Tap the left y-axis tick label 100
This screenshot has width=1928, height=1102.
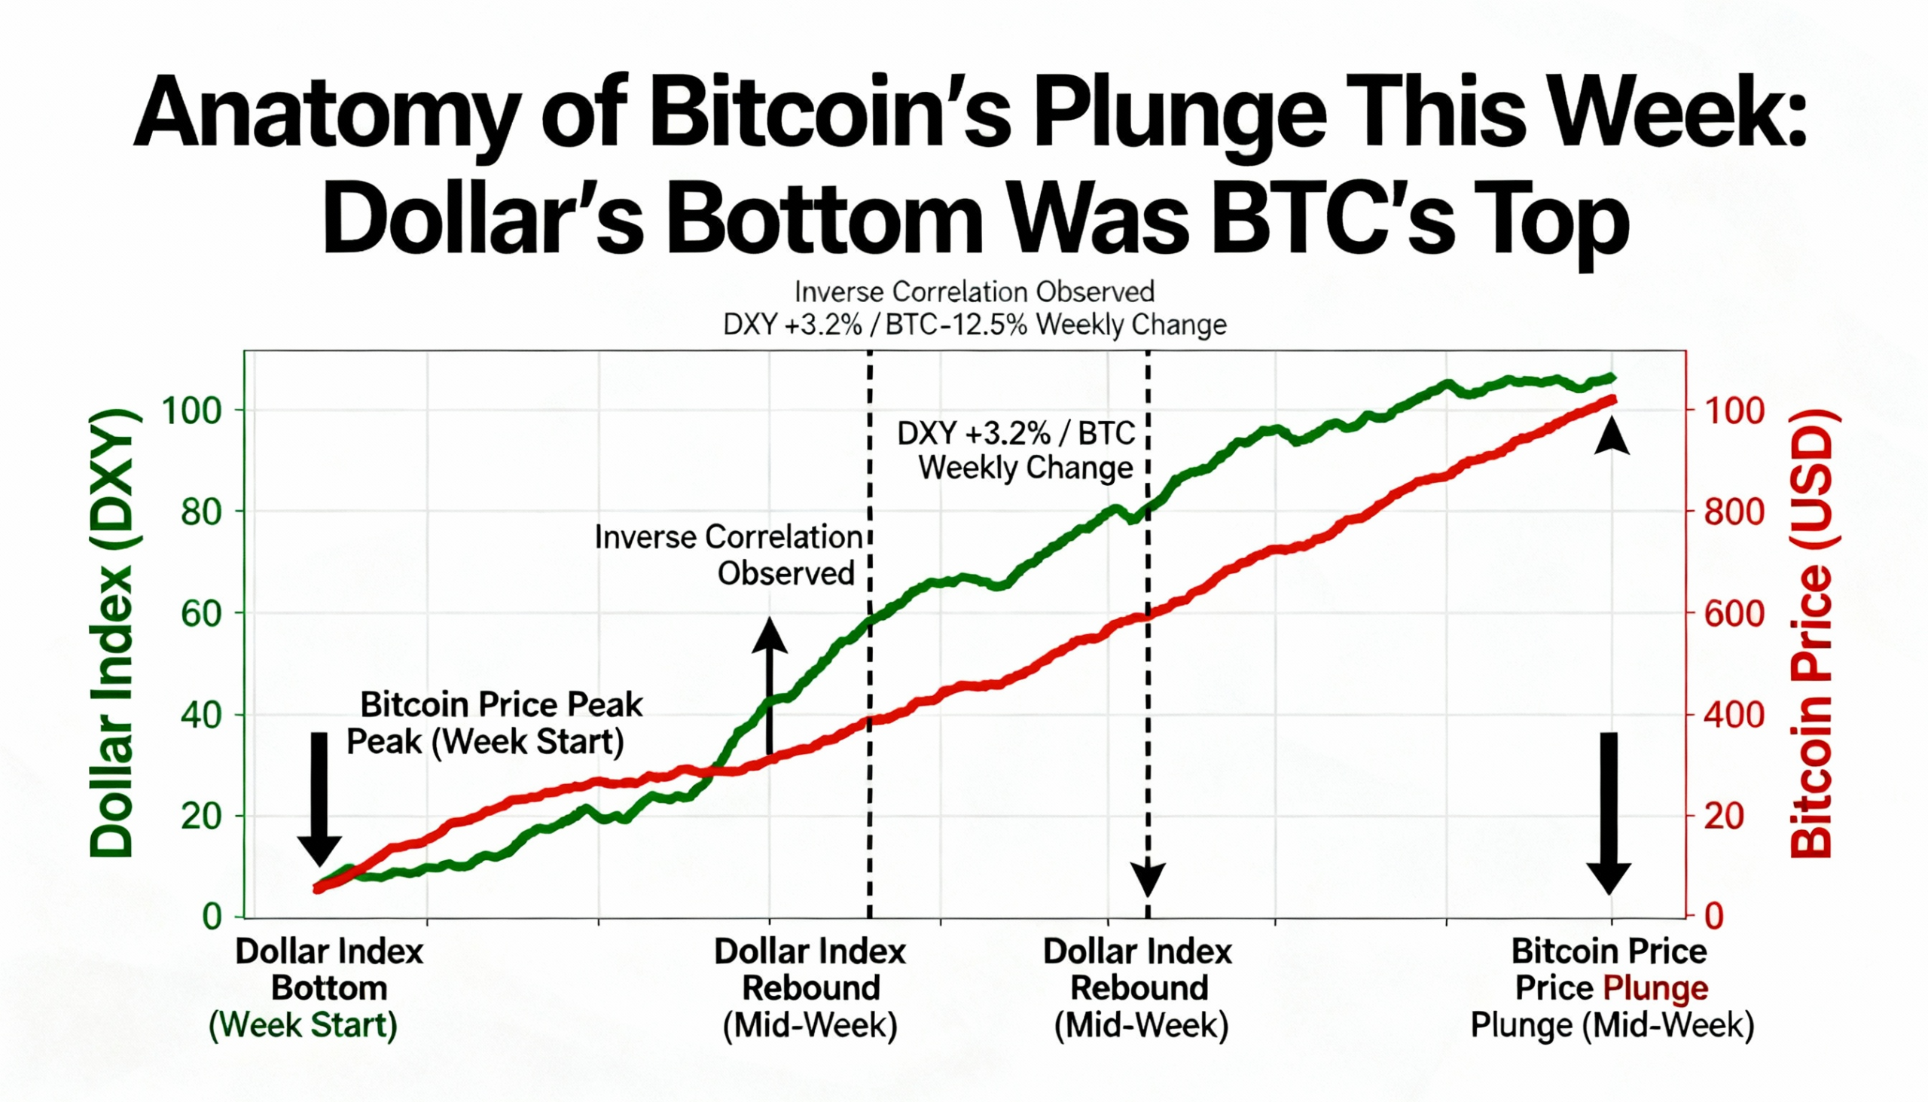coord(191,411)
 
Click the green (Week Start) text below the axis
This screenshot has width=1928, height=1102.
coord(303,1026)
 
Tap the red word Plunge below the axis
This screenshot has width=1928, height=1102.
coord(1655,988)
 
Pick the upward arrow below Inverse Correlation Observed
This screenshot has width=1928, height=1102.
coord(770,685)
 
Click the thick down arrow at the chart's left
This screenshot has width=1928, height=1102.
coord(319,798)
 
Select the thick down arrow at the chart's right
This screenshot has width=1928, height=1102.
coord(1608,814)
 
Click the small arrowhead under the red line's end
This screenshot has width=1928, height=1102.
coord(1612,439)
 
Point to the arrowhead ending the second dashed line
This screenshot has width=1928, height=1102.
coord(1148,880)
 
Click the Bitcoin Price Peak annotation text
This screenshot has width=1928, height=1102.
coord(493,723)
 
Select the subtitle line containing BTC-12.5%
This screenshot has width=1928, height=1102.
coord(975,325)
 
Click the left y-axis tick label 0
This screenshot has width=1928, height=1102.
coord(212,917)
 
